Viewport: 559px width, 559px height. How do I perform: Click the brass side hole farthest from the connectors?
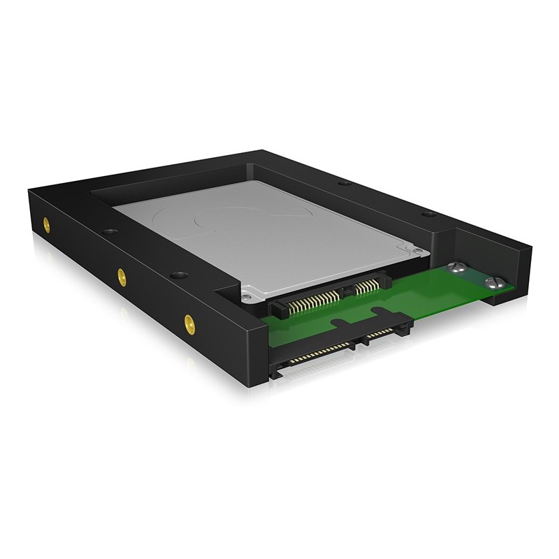(46, 225)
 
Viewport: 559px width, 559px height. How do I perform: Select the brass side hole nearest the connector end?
(189, 322)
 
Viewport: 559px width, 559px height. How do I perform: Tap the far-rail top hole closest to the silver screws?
(428, 212)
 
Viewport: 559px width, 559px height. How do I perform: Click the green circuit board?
(391, 307)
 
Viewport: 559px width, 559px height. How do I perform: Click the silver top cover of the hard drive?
(279, 238)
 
